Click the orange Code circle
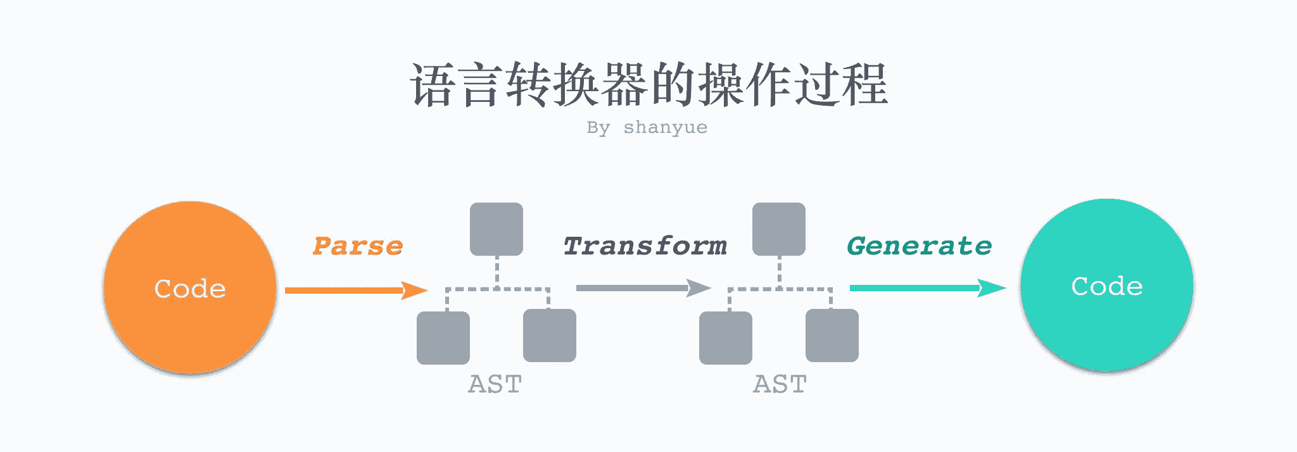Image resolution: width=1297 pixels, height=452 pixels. (x=190, y=288)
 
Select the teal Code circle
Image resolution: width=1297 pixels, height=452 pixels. (x=1106, y=286)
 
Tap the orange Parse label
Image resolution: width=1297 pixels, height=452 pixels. (x=358, y=246)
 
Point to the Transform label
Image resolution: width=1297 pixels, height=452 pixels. (x=645, y=246)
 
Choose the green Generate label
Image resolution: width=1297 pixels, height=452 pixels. (x=919, y=246)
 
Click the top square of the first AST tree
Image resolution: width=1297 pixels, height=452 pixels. (x=497, y=229)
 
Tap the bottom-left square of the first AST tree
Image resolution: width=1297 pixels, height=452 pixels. (x=443, y=337)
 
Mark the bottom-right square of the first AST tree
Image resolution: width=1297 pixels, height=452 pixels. (x=550, y=336)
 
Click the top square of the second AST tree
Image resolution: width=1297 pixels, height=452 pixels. (x=779, y=229)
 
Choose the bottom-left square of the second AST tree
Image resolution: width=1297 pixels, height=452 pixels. (x=726, y=337)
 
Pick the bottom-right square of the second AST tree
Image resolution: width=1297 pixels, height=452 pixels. (x=832, y=336)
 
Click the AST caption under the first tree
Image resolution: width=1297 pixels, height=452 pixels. (x=495, y=384)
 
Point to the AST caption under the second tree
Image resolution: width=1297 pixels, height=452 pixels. (x=780, y=384)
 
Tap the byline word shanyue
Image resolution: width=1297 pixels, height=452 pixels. (x=665, y=127)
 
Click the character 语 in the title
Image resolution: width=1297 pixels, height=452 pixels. (x=433, y=85)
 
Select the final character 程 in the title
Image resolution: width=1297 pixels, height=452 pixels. (x=865, y=85)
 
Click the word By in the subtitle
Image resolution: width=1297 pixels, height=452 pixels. (x=598, y=127)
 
